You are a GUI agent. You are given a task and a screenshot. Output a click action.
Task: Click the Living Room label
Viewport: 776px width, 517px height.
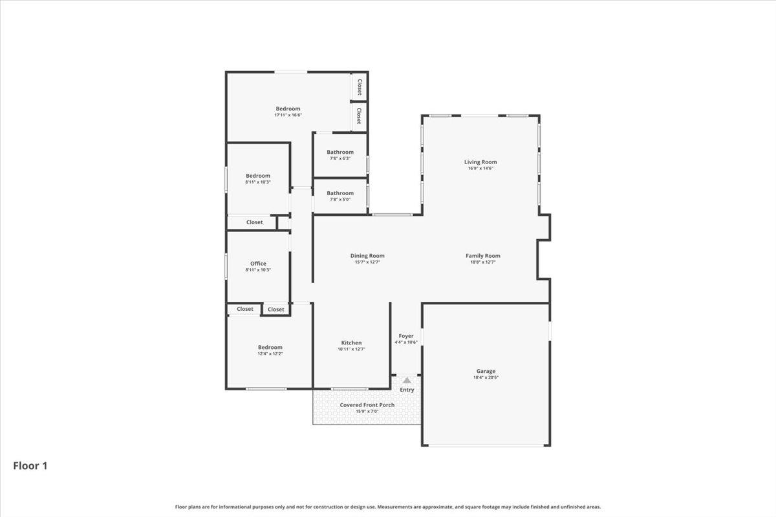coord(480,162)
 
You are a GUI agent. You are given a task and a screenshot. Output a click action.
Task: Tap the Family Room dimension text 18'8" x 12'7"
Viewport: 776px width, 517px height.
coord(482,262)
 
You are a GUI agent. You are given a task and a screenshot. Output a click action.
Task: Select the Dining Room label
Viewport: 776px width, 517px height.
coord(367,256)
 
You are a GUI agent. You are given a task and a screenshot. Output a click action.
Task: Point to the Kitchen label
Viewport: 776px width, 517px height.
coord(351,343)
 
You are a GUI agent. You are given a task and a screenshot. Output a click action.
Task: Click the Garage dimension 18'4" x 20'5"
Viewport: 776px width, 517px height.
coord(486,377)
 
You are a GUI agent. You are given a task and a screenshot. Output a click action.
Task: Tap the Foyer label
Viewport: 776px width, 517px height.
coord(405,336)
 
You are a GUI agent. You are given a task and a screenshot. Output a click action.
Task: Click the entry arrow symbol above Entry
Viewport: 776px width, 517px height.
coord(407,381)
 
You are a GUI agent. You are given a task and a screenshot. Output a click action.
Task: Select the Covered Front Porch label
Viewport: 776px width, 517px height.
coord(367,405)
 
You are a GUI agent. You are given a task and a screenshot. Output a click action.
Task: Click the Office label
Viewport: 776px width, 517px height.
coord(258,264)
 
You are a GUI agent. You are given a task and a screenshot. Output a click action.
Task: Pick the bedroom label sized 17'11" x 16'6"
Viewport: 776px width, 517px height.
coord(288,109)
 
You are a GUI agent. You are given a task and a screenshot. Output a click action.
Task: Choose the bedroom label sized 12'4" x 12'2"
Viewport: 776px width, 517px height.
coord(270,347)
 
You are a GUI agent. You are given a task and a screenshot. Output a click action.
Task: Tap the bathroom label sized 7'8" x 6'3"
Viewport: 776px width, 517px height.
coord(340,152)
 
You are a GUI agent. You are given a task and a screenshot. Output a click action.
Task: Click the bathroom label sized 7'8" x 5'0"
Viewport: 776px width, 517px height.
coord(340,193)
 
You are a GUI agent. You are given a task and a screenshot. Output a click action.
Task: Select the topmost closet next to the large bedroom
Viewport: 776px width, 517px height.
coord(359,87)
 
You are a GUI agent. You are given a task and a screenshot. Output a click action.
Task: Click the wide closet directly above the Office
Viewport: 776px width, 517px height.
coord(254,222)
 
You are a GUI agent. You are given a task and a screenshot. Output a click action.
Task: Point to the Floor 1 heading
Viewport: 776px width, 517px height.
coord(30,465)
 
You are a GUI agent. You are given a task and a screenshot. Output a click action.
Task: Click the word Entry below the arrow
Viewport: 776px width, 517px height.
coord(407,390)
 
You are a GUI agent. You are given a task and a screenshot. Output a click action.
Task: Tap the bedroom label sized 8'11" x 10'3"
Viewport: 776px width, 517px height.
coord(258,176)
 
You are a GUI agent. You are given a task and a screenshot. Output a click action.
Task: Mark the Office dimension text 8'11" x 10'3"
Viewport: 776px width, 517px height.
coord(258,270)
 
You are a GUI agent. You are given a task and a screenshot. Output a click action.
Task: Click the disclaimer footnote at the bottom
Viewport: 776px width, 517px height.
coord(388,507)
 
